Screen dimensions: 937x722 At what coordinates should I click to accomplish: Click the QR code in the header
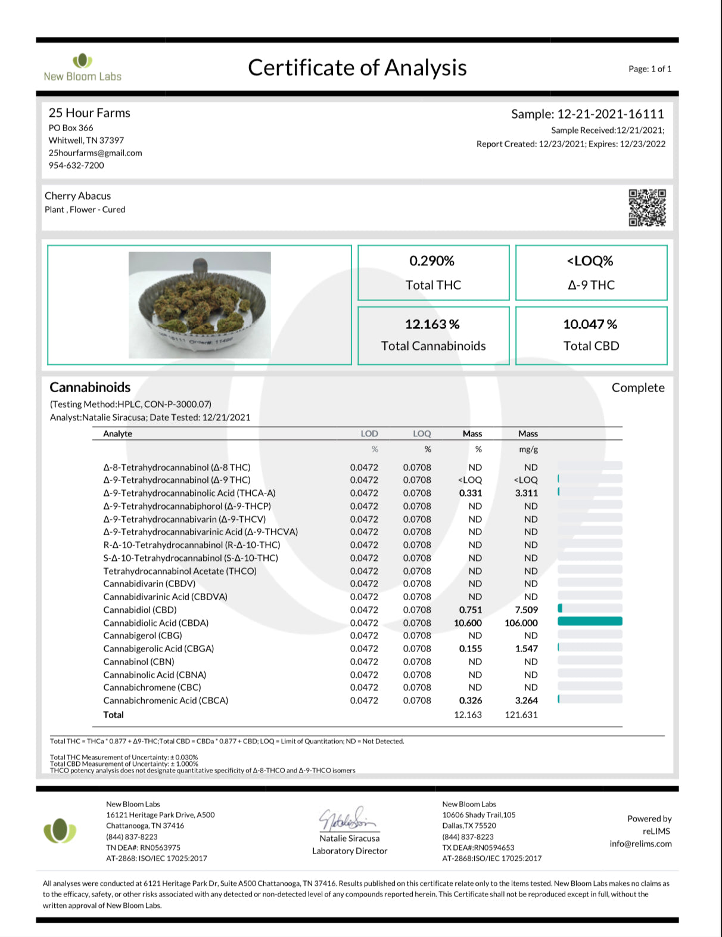647,208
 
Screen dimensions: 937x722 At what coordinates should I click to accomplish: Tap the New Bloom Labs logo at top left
82,67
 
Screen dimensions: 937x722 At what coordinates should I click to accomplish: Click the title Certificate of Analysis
357,68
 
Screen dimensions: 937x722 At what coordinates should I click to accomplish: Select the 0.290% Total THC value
432,261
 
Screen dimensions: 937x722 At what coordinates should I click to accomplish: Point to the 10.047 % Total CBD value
590,324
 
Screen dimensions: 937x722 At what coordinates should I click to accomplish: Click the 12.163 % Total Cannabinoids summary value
432,324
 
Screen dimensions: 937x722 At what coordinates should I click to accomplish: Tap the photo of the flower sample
200,305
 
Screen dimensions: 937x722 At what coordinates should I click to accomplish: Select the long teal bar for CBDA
590,622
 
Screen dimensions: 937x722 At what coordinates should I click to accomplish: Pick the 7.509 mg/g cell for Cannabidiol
526,610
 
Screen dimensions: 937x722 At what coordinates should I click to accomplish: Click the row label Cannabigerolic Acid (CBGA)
158,649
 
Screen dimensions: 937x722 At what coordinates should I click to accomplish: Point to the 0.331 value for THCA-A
470,493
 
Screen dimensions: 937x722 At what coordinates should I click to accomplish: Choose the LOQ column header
422,434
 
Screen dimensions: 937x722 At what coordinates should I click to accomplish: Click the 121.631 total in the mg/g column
521,715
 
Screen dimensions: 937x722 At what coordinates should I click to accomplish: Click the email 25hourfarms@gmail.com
95,153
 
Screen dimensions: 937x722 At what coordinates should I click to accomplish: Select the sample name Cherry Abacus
77,196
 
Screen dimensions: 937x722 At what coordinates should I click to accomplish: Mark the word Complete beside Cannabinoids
637,387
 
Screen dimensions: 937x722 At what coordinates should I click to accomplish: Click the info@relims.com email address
640,843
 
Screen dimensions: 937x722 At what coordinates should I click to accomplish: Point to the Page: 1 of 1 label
649,69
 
